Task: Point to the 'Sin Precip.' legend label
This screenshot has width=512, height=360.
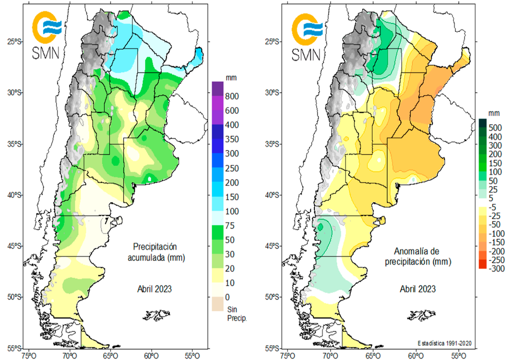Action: (x=235, y=313)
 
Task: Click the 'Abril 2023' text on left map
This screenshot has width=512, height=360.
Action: (x=155, y=289)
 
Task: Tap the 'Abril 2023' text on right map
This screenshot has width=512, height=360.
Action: (x=417, y=289)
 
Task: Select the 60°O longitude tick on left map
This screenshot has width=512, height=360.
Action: (x=150, y=355)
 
